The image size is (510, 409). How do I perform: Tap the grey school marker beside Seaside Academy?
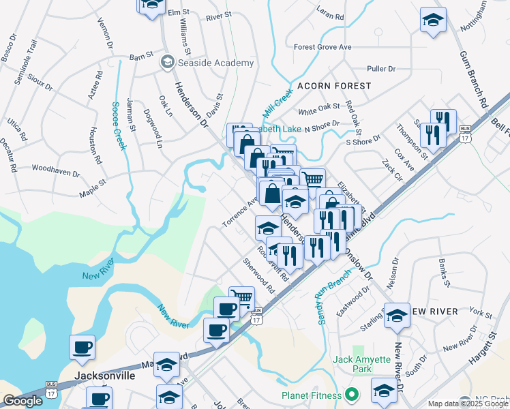click(166, 63)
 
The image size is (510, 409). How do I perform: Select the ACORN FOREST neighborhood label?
click(334, 86)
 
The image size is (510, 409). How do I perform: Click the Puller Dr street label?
click(381, 69)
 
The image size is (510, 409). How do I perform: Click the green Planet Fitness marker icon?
click(351, 395)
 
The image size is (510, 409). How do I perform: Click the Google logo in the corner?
click(22, 401)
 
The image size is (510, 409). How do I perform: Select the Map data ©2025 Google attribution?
click(467, 404)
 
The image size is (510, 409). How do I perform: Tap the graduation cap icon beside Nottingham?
click(432, 20)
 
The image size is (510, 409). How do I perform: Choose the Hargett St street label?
click(485, 341)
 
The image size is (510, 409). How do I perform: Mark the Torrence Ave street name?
click(239, 213)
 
